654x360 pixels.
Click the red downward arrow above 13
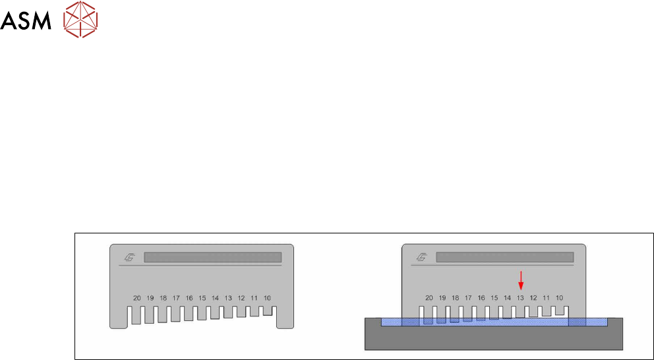pyautogui.click(x=521, y=280)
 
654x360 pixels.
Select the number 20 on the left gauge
pyautogui.click(x=137, y=298)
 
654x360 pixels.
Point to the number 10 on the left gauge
pyautogui.click(x=268, y=298)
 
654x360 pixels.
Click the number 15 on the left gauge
pyautogui.click(x=202, y=298)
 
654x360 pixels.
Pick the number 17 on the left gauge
pyautogui.click(x=176, y=298)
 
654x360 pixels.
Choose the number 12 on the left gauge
pyautogui.click(x=241, y=298)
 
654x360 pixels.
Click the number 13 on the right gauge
pyautogui.click(x=520, y=298)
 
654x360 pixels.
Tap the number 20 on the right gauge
pyautogui.click(x=429, y=298)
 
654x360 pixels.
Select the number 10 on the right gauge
pyautogui.click(x=559, y=298)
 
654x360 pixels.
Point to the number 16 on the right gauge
pyautogui.click(x=481, y=298)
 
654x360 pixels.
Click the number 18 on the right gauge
pyautogui.click(x=455, y=298)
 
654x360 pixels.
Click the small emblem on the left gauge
pyautogui.click(x=129, y=257)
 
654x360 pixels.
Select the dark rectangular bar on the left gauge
pyautogui.click(x=212, y=257)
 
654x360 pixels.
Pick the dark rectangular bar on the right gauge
pyautogui.click(x=505, y=257)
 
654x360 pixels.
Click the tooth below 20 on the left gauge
pyautogui.click(x=136, y=315)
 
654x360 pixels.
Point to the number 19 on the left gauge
pyautogui.click(x=150, y=298)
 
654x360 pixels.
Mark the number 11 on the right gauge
pyautogui.click(x=547, y=298)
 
